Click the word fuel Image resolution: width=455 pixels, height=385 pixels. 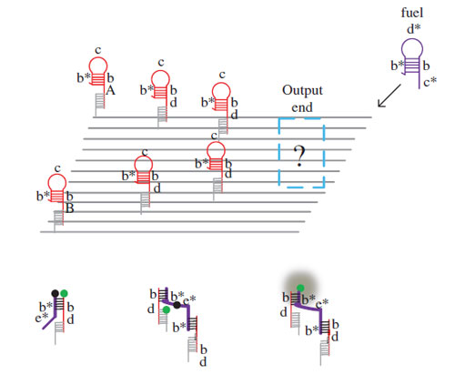pos(411,13)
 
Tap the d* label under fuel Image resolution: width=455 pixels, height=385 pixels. pos(413,29)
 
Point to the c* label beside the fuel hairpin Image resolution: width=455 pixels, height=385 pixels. pos(430,82)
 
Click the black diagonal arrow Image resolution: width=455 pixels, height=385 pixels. pos(389,96)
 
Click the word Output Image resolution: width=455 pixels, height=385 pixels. pos(302,90)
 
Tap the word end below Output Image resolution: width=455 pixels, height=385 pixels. pos(302,107)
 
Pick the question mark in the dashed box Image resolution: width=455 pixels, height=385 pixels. pos(300,157)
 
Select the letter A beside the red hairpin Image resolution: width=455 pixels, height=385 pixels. pos(111,90)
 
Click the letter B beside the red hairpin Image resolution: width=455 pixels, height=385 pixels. pos(70,208)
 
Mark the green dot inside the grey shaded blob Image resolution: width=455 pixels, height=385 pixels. pos(300,288)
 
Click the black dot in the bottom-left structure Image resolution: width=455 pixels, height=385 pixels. pos(55,293)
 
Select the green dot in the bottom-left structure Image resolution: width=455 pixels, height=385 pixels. pos(64,293)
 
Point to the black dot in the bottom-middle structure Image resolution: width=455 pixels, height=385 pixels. pos(177,305)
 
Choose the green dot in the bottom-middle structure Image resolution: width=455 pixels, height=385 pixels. pos(167,309)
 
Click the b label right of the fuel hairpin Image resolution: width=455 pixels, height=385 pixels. pos(426,66)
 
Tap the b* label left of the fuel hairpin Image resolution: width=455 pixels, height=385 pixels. pos(397,66)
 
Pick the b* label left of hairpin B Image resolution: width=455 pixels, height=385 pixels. pos(43,196)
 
